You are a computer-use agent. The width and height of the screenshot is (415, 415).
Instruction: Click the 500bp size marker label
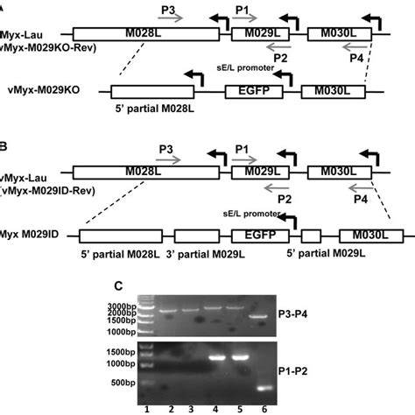tap(124, 382)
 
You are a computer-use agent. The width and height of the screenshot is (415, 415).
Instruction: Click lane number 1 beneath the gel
tap(148, 407)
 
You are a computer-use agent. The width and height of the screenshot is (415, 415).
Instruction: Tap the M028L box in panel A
tap(144, 34)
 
